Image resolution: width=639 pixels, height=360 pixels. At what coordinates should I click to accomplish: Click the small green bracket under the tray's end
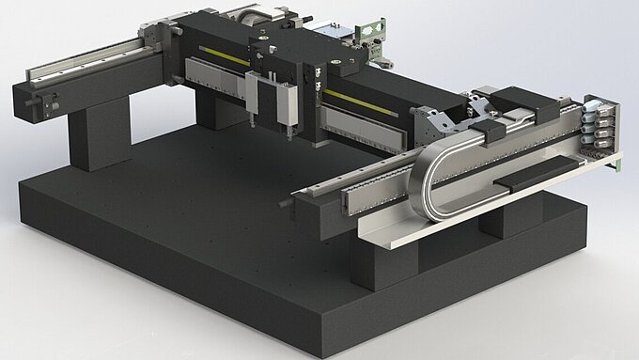click(617, 165)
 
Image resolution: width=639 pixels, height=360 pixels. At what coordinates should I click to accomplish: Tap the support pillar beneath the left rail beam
click(98, 135)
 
